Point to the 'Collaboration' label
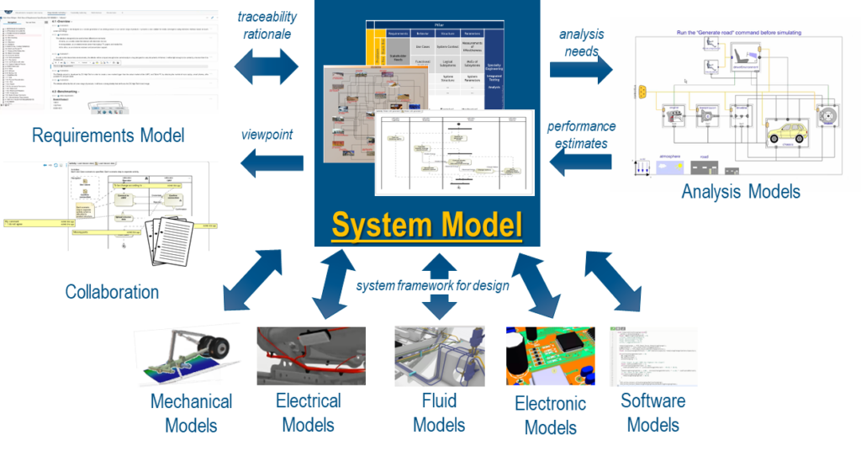(112, 292)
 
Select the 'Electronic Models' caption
(551, 414)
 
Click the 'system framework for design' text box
(432, 286)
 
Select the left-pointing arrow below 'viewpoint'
(268, 162)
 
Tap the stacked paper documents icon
(169, 241)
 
